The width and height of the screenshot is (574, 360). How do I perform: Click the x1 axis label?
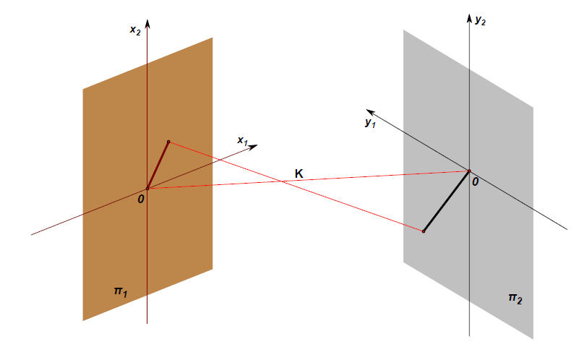243,141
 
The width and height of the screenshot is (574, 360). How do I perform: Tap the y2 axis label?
480,22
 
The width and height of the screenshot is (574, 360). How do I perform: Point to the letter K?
299,173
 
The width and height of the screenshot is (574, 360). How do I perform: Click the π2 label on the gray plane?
514,298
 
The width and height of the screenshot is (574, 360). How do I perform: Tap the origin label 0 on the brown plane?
142,197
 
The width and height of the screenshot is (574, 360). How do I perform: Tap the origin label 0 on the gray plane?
475,181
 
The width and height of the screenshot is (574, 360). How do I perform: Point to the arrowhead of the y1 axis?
369,111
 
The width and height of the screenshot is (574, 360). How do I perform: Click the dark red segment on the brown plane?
158,165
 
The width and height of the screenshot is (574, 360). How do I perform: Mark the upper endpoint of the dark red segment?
168,142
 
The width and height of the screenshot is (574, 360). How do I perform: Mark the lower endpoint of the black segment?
423,231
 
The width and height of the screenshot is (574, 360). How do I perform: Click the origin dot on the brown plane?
147,188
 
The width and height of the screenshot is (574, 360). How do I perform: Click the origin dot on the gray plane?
468,171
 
